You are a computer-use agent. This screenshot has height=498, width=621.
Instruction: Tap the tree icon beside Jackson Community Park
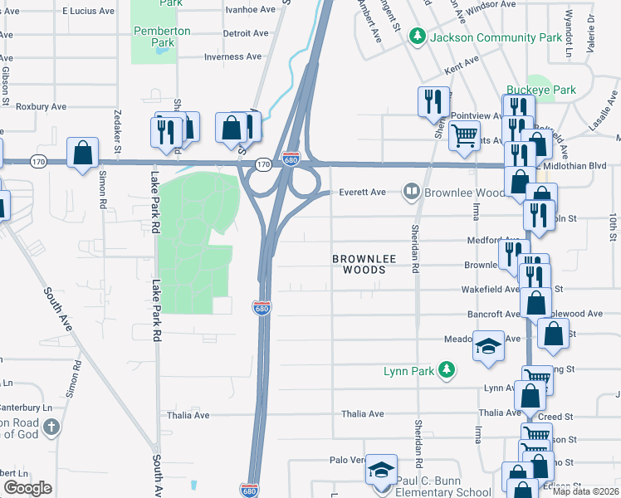click(x=420, y=37)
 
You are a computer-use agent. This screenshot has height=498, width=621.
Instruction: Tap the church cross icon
click(x=51, y=428)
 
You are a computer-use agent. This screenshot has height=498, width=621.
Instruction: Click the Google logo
click(x=27, y=488)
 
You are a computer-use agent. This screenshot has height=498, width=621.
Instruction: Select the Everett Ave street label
click(x=362, y=193)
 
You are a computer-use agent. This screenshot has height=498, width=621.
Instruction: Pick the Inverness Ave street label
click(x=233, y=57)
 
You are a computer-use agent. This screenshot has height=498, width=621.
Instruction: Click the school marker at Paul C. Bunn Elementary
click(x=382, y=471)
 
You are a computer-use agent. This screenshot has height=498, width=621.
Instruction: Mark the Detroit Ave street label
click(x=246, y=34)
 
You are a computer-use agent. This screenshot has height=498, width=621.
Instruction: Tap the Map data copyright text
click(x=584, y=491)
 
